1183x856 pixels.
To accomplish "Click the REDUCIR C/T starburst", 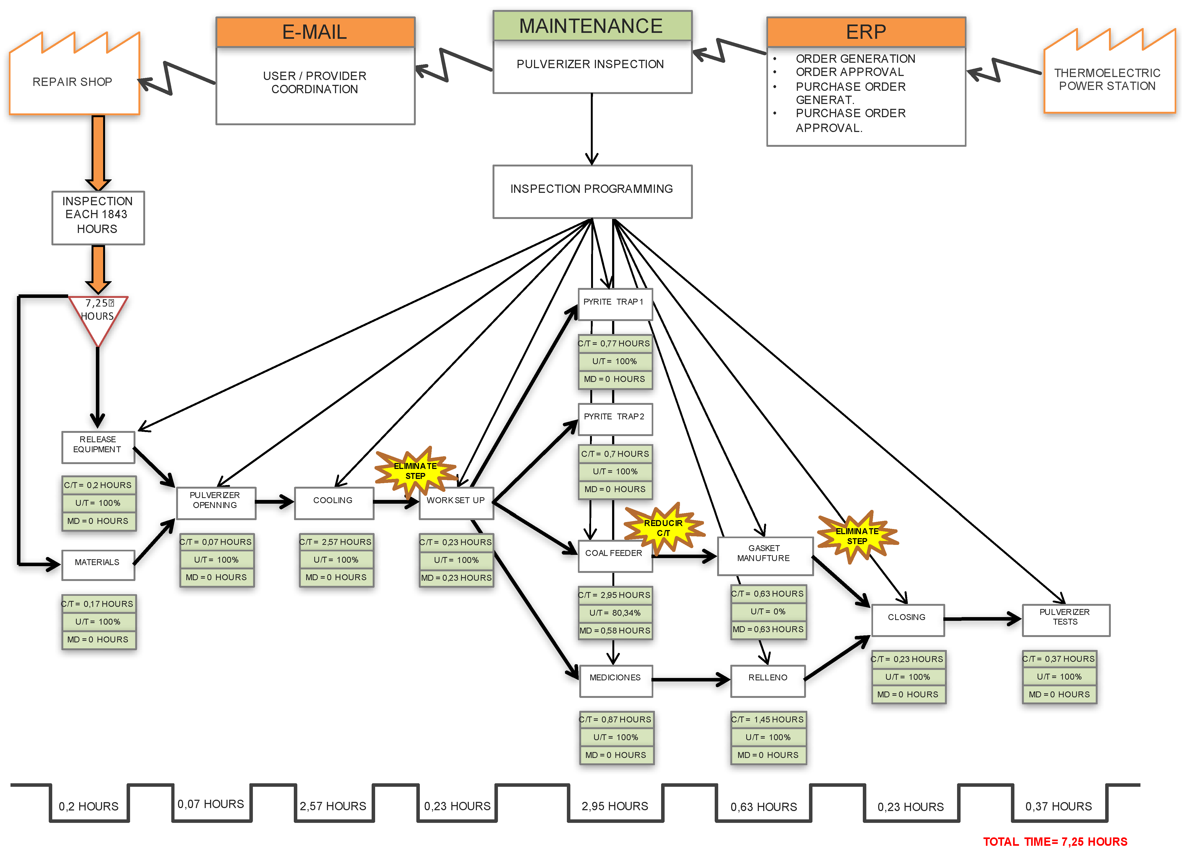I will point(663,528).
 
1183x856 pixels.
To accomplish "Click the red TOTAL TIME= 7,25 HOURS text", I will point(1055,841).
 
